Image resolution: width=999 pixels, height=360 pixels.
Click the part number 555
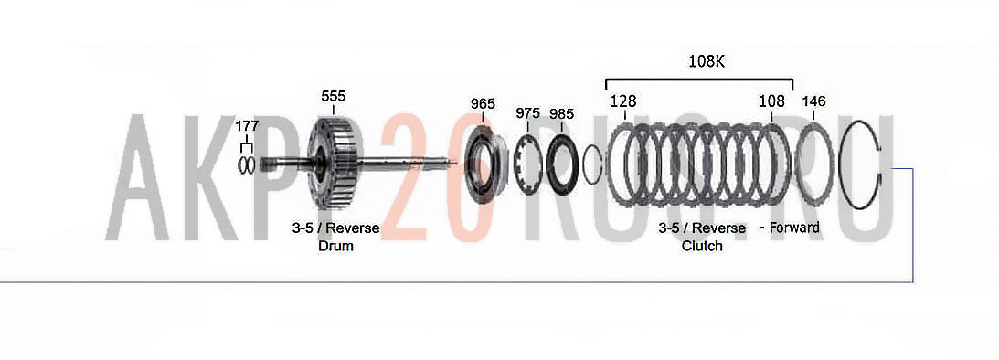tap(334, 96)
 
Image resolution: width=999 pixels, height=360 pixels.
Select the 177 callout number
tap(247, 125)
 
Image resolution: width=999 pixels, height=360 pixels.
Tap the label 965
tap(483, 104)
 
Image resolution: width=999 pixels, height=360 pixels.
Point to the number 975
tap(528, 113)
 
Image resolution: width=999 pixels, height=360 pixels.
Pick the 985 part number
tap(562, 114)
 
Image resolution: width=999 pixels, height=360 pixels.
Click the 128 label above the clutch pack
tap(623, 101)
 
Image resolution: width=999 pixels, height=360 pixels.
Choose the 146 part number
tap(813, 101)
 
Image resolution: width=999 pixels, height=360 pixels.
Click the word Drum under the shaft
tap(335, 246)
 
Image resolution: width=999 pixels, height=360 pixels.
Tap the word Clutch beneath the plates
tap(702, 246)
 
